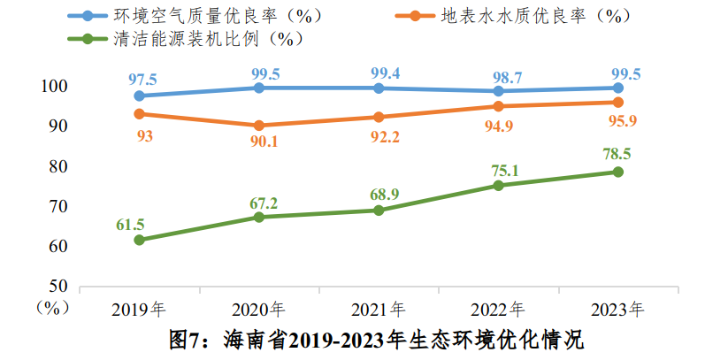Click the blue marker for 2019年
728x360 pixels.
pos(139,96)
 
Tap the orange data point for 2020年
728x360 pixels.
pos(258,126)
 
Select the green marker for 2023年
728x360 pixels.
pos(617,172)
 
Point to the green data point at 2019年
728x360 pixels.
pos(139,240)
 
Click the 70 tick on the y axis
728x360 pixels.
pos(58,206)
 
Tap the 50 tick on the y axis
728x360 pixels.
pos(58,286)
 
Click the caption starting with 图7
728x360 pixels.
pos(377,339)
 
